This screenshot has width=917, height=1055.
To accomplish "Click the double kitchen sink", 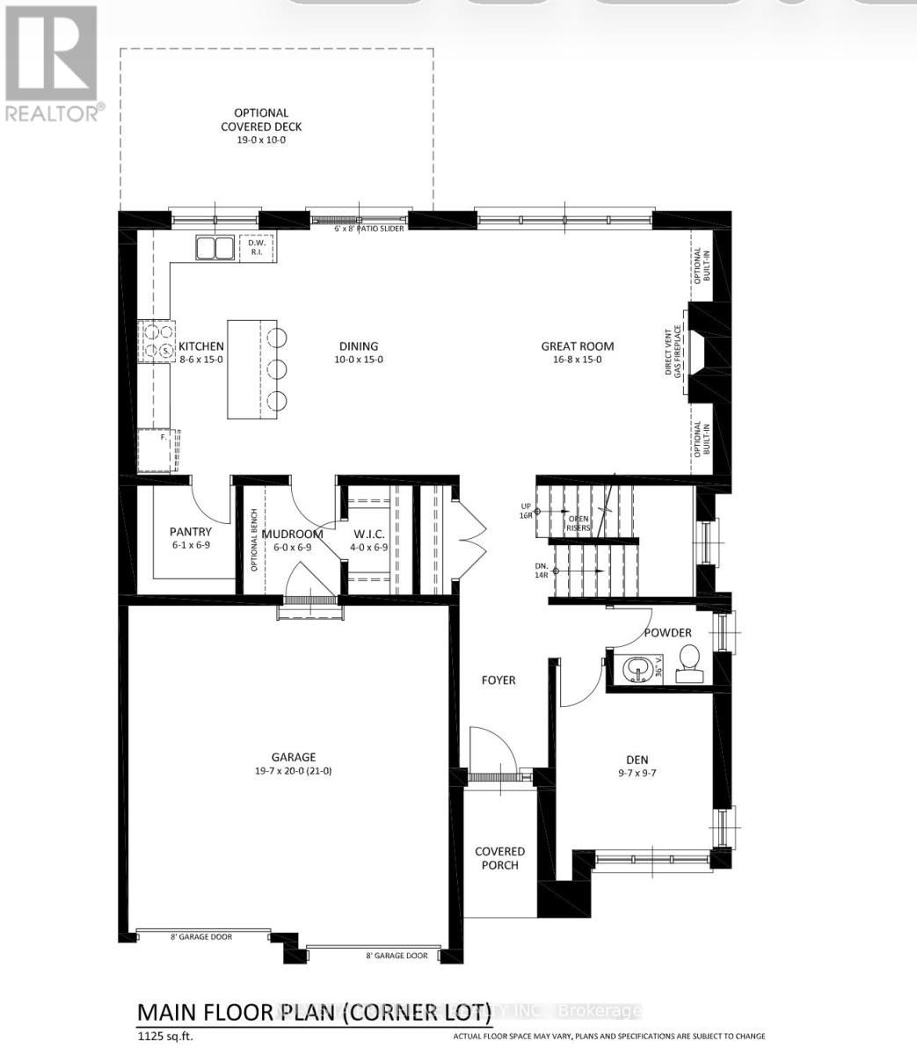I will pos(215,249).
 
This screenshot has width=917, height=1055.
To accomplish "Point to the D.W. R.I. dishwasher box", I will pos(258,248).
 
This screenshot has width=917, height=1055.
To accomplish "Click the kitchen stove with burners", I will pos(156,342).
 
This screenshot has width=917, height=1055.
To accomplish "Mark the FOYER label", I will pos(498,680).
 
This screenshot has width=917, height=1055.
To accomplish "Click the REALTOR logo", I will pos(53,62).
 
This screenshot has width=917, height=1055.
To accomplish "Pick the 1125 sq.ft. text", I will pos(164,1037).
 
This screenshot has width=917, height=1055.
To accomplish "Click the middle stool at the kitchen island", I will pos(277,367).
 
